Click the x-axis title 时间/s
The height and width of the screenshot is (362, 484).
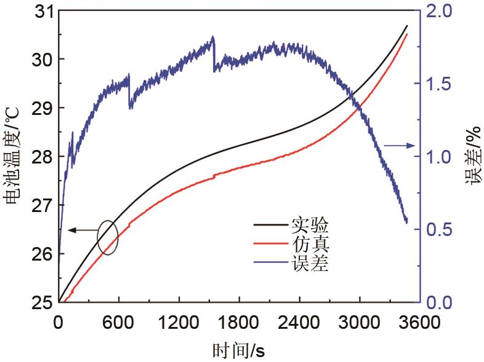tap(239, 351)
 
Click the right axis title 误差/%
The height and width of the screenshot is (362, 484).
tap(472, 157)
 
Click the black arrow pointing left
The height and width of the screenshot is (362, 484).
tap(80, 230)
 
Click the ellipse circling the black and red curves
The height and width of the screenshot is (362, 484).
tap(107, 237)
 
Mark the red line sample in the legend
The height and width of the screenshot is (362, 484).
tap(270, 245)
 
